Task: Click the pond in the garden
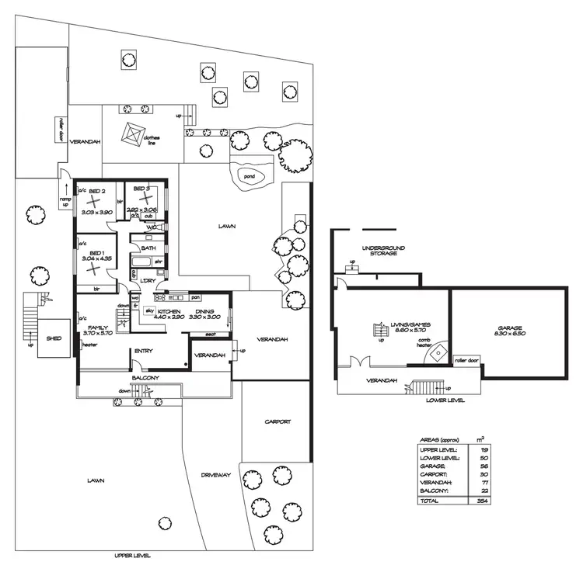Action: [x=253, y=177]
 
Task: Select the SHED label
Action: [x=53, y=338]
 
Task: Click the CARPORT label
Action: [x=278, y=421]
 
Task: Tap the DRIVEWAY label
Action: [x=213, y=474]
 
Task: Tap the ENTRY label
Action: [x=143, y=351]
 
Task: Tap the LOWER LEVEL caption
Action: [x=445, y=400]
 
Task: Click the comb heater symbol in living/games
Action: [x=440, y=351]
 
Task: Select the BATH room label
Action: [x=148, y=248]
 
